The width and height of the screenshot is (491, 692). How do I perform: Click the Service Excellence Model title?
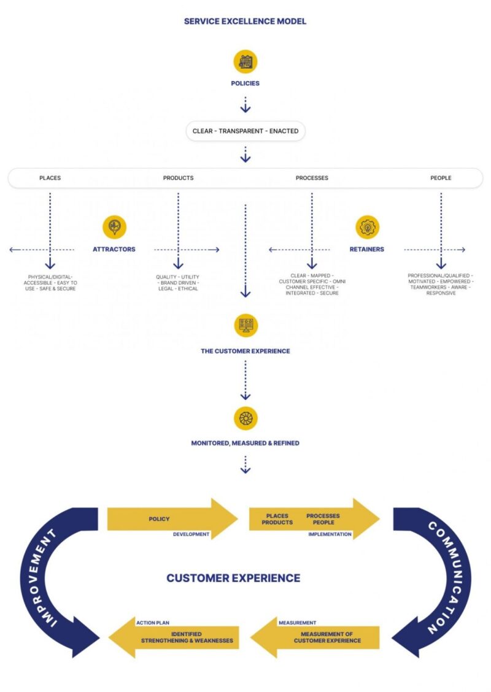click(245, 21)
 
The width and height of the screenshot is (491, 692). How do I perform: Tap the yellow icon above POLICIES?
click(245, 61)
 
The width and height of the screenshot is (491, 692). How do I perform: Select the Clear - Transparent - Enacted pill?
click(245, 131)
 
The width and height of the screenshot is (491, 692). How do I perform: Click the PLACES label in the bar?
click(50, 178)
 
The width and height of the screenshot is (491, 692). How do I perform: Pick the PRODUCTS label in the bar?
click(178, 178)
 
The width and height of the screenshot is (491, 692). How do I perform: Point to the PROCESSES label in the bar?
click(312, 178)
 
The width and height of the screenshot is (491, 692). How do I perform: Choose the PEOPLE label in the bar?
click(441, 178)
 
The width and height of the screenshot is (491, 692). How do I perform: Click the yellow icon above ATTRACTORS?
click(114, 227)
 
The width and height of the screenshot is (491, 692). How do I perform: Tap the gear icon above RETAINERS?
click(367, 227)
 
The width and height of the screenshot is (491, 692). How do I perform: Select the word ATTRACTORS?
click(114, 250)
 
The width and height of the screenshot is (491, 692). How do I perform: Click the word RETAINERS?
click(367, 250)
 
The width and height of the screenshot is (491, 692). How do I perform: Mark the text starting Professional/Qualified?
click(441, 285)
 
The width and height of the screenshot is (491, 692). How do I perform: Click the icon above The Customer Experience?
click(245, 325)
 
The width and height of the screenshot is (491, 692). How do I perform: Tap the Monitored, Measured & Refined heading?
click(245, 443)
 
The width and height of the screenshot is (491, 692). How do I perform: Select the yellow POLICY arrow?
click(166, 519)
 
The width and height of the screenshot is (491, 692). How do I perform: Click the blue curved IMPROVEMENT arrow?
click(52, 583)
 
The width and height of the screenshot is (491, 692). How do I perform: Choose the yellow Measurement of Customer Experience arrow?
click(319, 637)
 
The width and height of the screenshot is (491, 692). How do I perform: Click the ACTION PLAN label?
click(153, 623)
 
